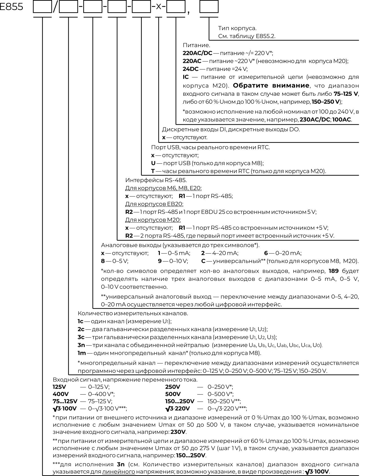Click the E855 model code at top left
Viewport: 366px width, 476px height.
tap(11, 6)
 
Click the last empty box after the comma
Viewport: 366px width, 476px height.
tap(209, 7)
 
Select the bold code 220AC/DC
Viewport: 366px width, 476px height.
tap(197, 53)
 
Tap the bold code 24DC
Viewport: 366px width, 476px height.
tap(190, 69)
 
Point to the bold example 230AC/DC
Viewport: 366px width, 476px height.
tap(315, 120)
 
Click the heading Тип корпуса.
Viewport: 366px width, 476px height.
tap(237, 28)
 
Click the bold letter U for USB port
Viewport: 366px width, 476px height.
tap(153, 163)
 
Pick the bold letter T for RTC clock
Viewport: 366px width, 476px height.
tap(153, 171)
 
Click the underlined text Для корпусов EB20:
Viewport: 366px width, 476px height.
tap(154, 204)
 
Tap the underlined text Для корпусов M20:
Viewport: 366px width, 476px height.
tap(153, 220)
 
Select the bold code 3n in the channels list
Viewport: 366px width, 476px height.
tap(81, 345)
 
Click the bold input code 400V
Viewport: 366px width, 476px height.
tap(59, 394)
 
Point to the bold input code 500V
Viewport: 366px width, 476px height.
tap(173, 394)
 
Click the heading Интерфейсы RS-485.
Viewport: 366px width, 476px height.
tap(156, 180)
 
